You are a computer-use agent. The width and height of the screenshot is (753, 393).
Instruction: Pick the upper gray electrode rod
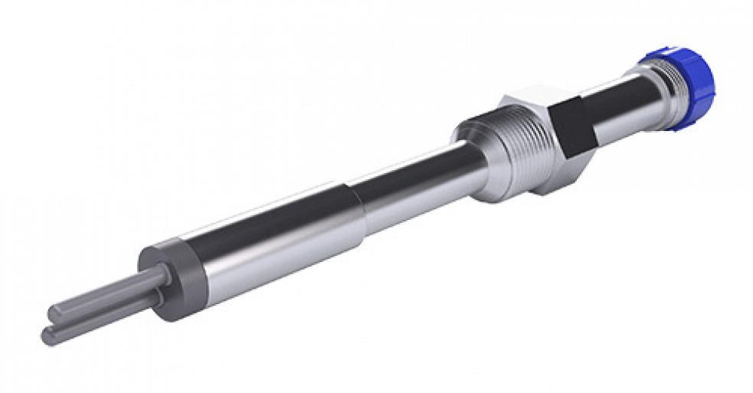(x=107, y=294)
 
